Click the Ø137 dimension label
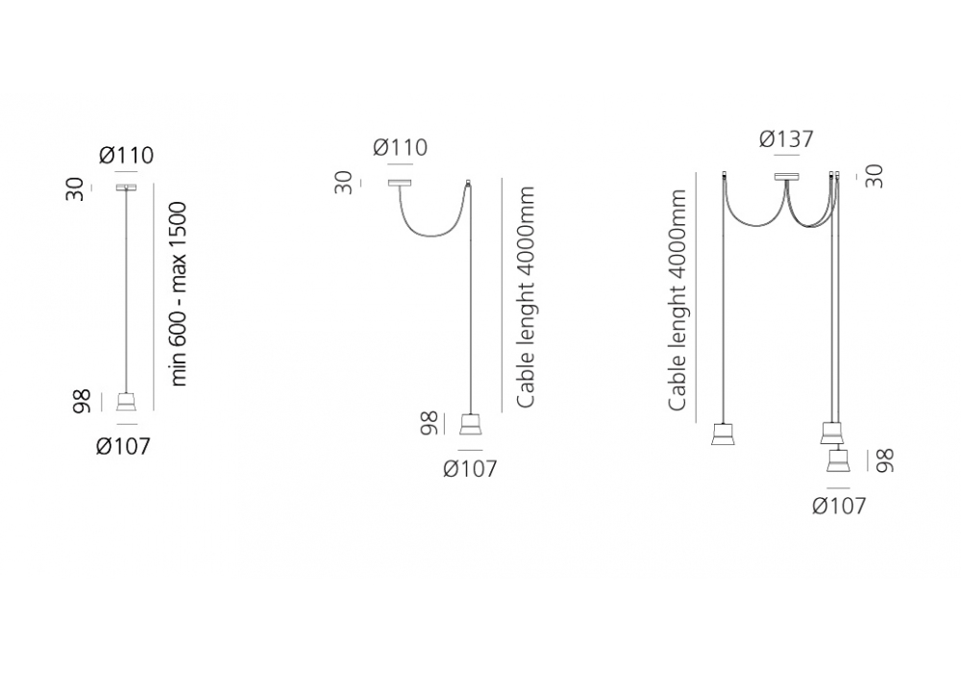click(786, 139)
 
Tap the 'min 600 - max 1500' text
click(178, 293)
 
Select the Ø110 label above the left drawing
click(126, 155)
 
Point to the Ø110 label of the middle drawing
click(400, 147)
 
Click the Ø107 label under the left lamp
click(123, 445)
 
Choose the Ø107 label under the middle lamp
click(470, 469)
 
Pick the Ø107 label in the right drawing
click(839, 506)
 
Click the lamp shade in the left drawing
click(126, 402)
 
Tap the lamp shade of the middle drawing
click(470, 424)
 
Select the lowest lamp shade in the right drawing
click(837, 461)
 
